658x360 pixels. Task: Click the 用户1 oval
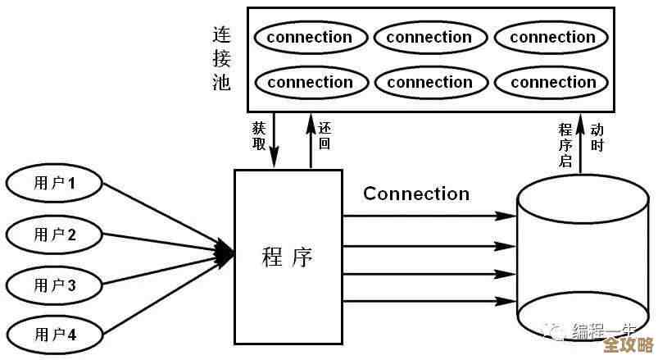coord(55,183)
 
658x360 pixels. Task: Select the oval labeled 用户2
coord(55,235)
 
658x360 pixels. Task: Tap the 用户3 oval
coord(55,285)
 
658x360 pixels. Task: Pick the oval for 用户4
coord(55,335)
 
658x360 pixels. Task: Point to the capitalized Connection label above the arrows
coord(416,194)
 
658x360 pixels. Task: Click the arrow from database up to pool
coord(581,144)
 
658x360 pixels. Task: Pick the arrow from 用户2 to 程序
coord(164,243)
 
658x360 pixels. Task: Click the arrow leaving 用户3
coord(164,271)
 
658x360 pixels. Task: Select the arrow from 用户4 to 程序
coord(164,297)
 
